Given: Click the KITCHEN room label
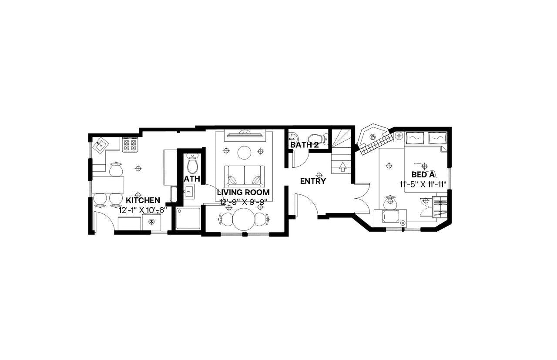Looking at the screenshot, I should [143, 200].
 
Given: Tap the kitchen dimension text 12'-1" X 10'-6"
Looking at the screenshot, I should [143, 210].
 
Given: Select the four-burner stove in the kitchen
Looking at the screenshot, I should [130, 144].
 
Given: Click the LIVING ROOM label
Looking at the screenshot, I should [243, 192].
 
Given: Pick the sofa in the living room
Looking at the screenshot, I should [244, 175].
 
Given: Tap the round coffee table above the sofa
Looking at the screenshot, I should [244, 153].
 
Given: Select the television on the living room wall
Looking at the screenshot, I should [244, 134].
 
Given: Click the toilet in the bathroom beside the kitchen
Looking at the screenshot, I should [192, 164].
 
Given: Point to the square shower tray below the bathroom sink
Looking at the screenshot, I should [188, 218].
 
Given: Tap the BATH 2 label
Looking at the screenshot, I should [305, 145].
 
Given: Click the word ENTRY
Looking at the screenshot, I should [313, 181].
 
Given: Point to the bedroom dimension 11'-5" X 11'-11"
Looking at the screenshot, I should [423, 184].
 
